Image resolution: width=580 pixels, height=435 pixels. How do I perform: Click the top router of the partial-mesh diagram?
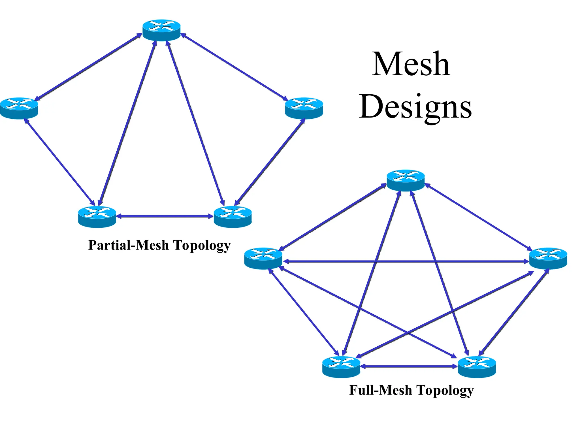click(x=161, y=30)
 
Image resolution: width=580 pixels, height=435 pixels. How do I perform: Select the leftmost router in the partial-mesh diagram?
click(x=19, y=108)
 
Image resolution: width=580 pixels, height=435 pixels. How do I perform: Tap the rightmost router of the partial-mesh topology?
click(x=304, y=108)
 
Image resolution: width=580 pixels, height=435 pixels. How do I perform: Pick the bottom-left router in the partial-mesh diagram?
click(x=97, y=217)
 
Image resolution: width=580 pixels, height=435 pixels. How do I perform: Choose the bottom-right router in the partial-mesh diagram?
click(x=233, y=217)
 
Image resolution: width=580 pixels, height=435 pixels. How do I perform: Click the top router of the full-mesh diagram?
click(x=406, y=180)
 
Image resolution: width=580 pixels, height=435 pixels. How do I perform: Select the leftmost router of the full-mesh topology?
click(x=263, y=258)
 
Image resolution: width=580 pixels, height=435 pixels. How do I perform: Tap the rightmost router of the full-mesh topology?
click(x=548, y=258)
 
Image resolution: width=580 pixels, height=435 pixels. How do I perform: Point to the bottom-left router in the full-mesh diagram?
click(x=341, y=367)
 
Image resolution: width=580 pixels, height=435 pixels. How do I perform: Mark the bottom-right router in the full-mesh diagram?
click(x=477, y=367)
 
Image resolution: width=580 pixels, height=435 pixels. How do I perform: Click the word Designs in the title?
click(x=415, y=107)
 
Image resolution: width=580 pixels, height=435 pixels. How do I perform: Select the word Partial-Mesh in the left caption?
click(x=128, y=245)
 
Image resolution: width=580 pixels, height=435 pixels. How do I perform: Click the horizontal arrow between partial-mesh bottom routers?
click(x=165, y=216)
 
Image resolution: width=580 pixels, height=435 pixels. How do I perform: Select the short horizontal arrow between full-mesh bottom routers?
click(x=409, y=366)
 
